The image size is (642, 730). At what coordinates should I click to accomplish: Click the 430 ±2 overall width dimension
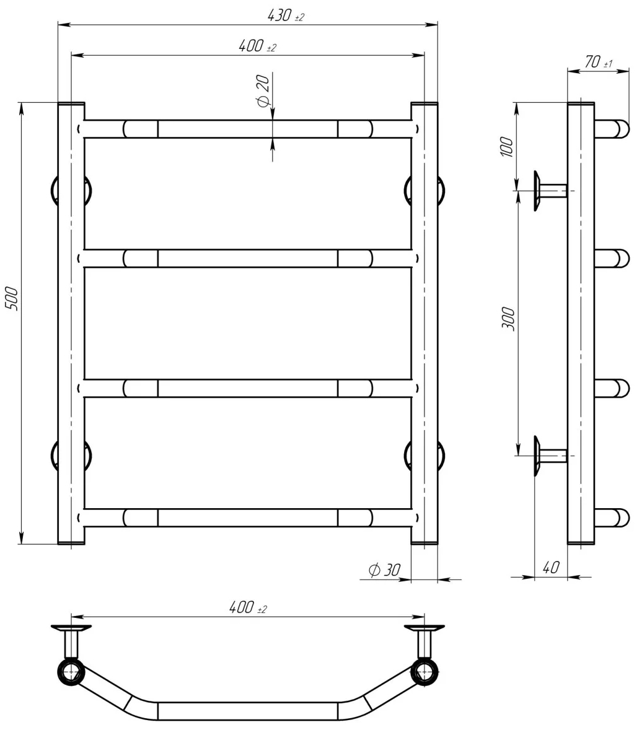coord(285,16)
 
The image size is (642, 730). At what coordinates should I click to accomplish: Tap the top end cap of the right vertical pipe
coord(424,105)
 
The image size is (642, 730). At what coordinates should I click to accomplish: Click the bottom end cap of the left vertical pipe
coord(71,542)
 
